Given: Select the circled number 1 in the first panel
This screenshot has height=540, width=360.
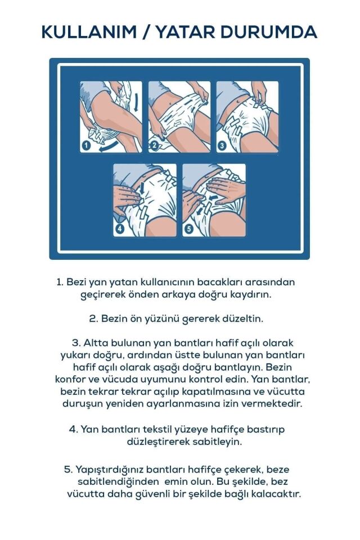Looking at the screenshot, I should tap(86, 146).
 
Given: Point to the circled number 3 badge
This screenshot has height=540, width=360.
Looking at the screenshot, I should tap(222, 146).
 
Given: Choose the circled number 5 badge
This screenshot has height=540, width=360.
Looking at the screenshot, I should tap(188, 228).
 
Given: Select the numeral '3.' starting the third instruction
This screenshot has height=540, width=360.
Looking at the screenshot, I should tap(76, 343).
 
